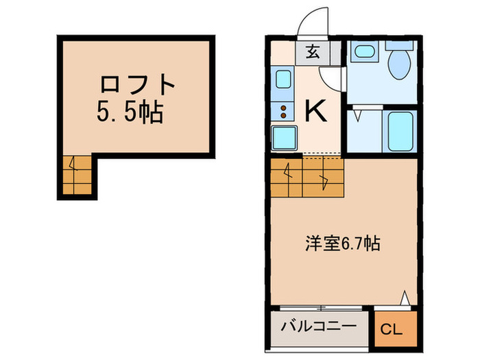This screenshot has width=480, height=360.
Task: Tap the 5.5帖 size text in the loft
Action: [x=130, y=111]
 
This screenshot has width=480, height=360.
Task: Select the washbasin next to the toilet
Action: [x=361, y=51]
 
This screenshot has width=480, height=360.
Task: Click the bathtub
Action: [x=399, y=130]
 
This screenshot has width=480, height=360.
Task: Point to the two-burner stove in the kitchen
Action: [x=283, y=109]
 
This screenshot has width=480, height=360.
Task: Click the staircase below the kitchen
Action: [x=304, y=176]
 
